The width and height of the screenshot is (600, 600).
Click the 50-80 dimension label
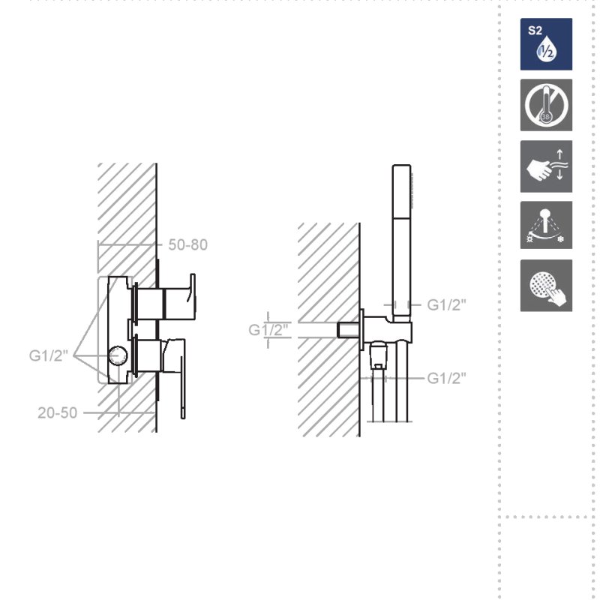pos(188,245)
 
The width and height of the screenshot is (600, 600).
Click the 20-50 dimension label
pos(58,413)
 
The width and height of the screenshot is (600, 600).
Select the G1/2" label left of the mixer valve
pos(49,355)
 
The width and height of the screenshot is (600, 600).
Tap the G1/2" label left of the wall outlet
pos(268,329)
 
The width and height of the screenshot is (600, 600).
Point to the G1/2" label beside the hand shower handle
pos(446,305)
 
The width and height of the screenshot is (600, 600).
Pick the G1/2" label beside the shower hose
pos(446,379)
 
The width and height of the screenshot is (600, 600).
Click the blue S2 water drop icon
pos(546,44)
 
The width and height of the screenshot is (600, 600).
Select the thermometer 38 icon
pos(546,105)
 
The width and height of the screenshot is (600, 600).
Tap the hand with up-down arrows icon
pos(546,166)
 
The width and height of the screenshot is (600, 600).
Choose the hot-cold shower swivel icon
pos(546,225)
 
